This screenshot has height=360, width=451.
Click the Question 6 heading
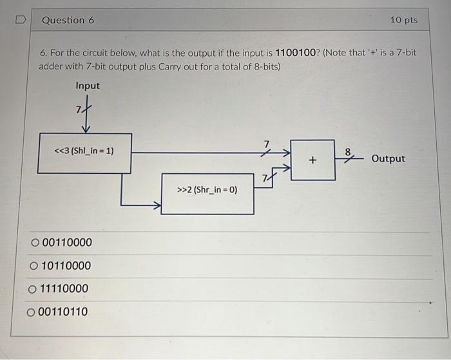tap(68, 20)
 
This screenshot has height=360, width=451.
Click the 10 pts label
tap(403, 20)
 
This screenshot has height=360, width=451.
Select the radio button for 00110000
tap(35, 243)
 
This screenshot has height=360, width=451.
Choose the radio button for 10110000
tap(34, 266)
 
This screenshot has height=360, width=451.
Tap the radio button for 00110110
tap(32, 312)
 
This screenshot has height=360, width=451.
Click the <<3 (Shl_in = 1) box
tap(84, 153)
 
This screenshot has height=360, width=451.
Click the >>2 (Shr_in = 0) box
tap(207, 191)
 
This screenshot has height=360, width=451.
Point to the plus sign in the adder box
tap(312, 159)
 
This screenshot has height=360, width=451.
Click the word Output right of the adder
tap(388, 158)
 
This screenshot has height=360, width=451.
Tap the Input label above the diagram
tap(88, 86)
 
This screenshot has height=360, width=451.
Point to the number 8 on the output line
tap(348, 152)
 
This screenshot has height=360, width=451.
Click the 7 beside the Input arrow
tap(79, 109)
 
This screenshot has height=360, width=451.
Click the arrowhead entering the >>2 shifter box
tap(157, 206)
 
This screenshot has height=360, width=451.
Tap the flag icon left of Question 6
tap(19, 21)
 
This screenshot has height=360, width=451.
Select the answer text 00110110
tap(62, 312)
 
